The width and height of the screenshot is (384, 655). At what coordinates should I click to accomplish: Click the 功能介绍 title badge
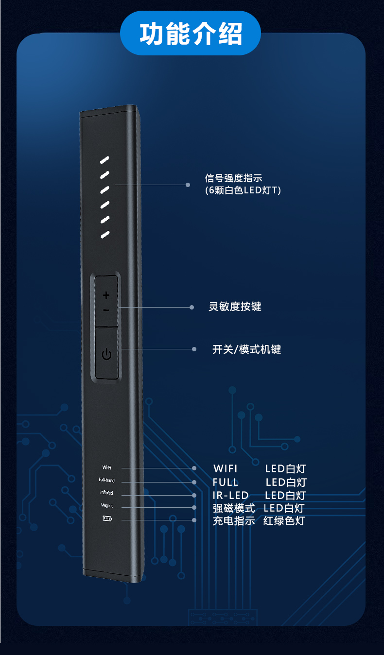coord(191,34)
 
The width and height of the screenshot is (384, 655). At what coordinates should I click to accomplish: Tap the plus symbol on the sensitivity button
coord(106,294)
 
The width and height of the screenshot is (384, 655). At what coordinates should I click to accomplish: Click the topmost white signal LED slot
coord(105,160)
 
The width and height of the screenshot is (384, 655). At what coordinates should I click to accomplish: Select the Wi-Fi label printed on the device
coord(106,467)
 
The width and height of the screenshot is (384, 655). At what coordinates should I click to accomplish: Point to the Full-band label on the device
coord(106,481)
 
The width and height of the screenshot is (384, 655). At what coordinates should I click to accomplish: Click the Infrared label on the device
coord(106,493)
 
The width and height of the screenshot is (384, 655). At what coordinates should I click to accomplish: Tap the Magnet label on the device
coord(106,506)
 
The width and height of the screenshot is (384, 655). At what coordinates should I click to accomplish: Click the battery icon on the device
coord(106,519)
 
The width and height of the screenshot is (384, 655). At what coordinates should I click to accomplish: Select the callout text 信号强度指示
coord(234,178)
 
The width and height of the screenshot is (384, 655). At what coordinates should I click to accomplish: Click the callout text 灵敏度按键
coord(235,307)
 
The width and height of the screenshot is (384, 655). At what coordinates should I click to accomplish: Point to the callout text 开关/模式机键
coord(246,349)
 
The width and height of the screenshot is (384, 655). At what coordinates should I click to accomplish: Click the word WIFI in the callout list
coord(226,469)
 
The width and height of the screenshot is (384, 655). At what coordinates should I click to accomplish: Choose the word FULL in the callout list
coord(226,483)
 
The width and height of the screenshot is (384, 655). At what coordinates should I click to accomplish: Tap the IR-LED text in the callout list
coord(230,496)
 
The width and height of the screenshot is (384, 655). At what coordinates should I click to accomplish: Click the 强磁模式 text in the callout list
coord(234,509)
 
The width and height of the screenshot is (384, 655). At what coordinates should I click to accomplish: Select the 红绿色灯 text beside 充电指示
coord(284,521)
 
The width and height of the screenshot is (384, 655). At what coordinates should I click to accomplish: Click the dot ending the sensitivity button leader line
coord(193,307)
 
